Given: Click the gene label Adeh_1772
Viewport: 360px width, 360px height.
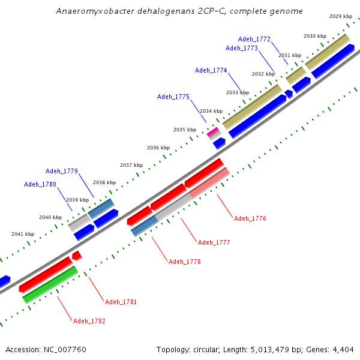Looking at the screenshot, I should pyautogui.click(x=254, y=39).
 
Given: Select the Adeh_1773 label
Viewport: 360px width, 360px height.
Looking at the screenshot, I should pyautogui.click(x=242, y=48).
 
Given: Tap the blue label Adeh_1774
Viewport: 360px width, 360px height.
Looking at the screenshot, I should pyautogui.click(x=211, y=70).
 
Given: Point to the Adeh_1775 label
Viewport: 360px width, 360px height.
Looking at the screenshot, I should pyautogui.click(x=173, y=97).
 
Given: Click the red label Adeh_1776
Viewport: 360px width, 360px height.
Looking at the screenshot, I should pyautogui.click(x=250, y=218).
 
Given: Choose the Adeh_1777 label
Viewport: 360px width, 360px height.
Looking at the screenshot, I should pyautogui.click(x=214, y=242).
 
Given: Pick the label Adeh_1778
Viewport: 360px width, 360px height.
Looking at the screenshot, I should pyautogui.click(x=184, y=262).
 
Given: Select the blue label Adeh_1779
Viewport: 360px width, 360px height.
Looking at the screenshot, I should pyautogui.click(x=62, y=171).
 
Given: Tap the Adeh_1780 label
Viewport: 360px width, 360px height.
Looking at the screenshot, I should pyautogui.click(x=40, y=184).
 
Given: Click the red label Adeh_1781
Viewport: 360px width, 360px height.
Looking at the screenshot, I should pyautogui.click(x=121, y=302).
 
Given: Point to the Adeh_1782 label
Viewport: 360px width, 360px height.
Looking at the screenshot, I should pyautogui.click(x=89, y=321).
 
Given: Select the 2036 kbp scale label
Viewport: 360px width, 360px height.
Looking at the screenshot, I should pyautogui.click(x=158, y=148).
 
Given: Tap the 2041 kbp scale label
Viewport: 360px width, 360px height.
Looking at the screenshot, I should pyautogui.click(x=23, y=234).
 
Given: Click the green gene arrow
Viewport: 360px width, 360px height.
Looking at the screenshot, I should pyautogui.click(x=50, y=284).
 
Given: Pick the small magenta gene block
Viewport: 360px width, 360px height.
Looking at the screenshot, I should pyautogui.click(x=212, y=131).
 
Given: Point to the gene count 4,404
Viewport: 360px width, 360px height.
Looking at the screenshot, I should pyautogui.click(x=343, y=349).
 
